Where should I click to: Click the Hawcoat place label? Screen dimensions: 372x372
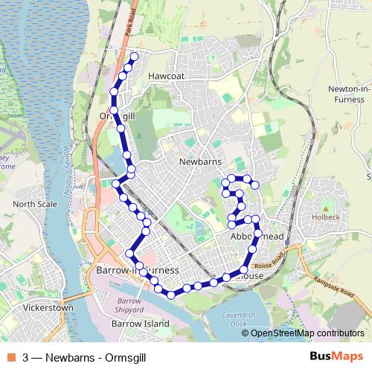(x=165, y=76)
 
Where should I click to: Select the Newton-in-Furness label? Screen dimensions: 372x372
(x=347, y=93)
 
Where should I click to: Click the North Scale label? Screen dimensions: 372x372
(x=34, y=205)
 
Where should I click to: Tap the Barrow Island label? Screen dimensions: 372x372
(x=140, y=324)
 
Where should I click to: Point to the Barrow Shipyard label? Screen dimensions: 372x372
(x=129, y=304)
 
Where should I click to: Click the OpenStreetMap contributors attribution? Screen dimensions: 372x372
(x=307, y=333)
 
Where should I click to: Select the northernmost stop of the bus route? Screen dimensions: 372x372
(x=135, y=56)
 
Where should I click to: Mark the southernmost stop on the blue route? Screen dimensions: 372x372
(x=171, y=295)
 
